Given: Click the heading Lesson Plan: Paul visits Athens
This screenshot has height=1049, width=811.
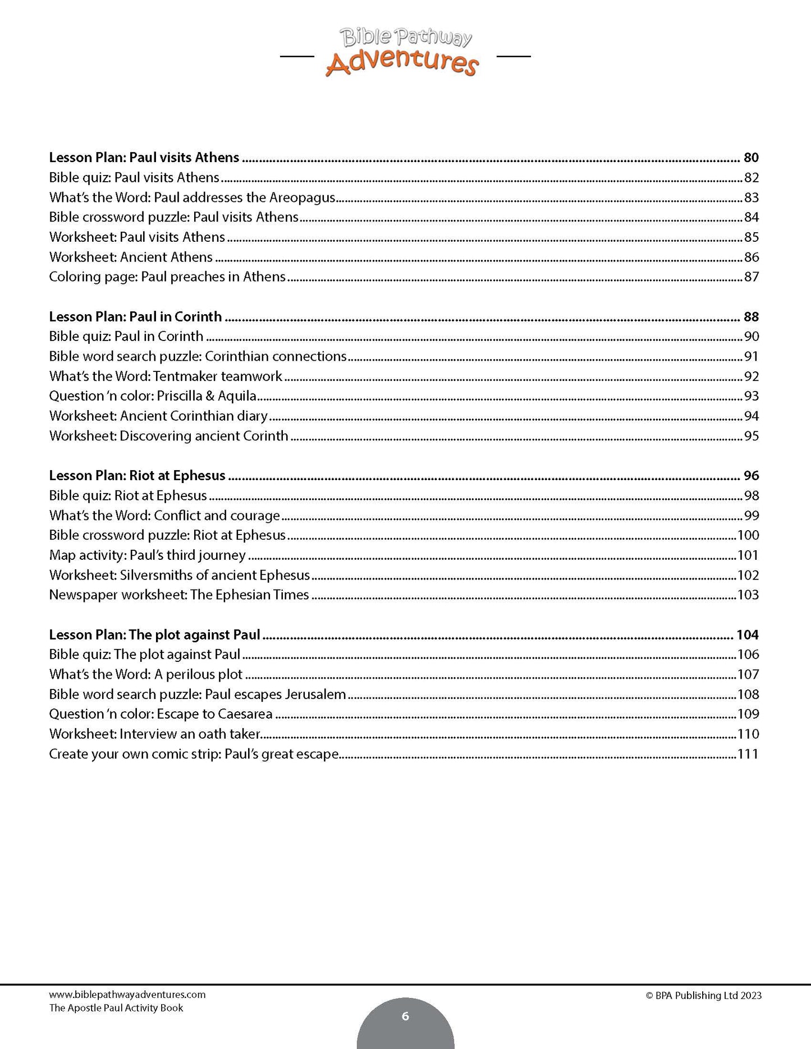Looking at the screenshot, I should pos(144,158).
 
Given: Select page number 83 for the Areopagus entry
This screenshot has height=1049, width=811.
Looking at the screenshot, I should pos(751,197).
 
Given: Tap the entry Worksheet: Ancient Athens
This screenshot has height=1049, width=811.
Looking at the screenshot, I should pos(131,257).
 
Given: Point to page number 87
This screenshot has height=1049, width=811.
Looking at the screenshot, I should pos(751,277).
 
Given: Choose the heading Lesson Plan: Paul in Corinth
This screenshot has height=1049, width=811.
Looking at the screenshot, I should pos(135,317).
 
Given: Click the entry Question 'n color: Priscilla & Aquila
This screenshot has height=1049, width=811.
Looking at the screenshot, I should pos(153,396).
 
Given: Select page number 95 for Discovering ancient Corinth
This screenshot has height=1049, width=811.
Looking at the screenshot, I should pos(751,436).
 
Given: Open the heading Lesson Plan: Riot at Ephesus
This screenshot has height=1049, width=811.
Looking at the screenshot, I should pos(137,476).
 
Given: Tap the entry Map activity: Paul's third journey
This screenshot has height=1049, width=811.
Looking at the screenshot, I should pos(147,555).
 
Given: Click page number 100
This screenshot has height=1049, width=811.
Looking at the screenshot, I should pos(748,535).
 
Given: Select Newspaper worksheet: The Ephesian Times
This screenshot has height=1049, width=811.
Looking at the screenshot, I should pos(179,595).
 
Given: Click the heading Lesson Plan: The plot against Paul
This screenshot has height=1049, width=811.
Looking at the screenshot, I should pos(154,635).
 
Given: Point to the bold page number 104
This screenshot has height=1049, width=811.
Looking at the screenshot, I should pos(747,635).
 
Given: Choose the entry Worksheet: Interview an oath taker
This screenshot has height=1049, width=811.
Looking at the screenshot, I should pos(155,734).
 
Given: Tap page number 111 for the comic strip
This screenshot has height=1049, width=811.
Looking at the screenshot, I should pos(748,754).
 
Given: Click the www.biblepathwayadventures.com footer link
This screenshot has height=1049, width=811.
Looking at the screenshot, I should pos(127,995).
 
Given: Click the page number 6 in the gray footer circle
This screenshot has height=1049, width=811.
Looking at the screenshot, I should pos(405,1016).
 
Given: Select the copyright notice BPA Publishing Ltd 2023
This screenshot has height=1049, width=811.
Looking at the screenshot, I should pos(703,996).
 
